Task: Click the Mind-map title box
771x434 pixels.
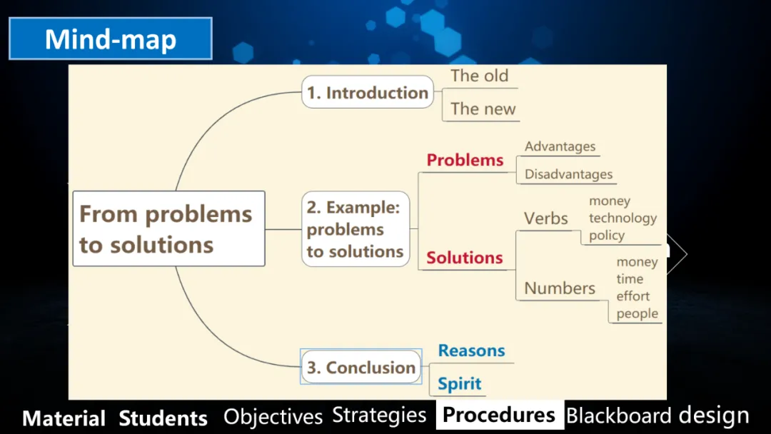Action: pos(111,39)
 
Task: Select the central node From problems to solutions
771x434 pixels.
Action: pos(168,228)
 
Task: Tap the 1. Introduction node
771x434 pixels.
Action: pos(368,92)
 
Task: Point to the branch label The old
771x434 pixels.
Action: pos(480,76)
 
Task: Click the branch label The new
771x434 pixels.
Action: pos(483,108)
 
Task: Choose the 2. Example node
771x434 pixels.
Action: pos(356,229)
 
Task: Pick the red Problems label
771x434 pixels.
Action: pos(465,160)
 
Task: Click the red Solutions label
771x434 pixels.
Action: pos(465,258)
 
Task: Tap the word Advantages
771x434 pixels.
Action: pos(560,146)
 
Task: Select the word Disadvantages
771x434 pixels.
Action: pos(568,174)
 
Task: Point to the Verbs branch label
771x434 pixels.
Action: pos(546,218)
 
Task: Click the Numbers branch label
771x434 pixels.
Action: pos(560,288)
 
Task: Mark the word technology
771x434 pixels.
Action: pos(623,218)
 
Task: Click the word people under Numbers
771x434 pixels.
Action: pos(638,313)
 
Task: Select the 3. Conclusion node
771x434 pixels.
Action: pos(361,368)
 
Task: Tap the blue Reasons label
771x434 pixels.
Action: pos(471,350)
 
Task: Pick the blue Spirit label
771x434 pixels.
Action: pos(460,383)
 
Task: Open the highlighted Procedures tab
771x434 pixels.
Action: pos(499,415)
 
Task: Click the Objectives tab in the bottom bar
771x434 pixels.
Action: pos(273,416)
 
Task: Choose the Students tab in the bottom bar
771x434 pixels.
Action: pos(163,418)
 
